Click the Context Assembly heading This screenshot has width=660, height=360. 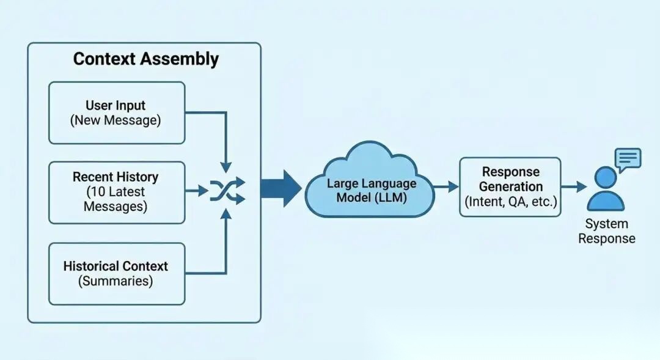[145, 59]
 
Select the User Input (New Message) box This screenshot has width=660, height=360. [117, 113]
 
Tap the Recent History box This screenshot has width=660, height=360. [117, 193]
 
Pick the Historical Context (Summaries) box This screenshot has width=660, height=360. [117, 274]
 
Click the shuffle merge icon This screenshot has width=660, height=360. [227, 191]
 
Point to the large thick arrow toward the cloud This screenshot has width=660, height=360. [280, 188]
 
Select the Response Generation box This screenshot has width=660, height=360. [510, 187]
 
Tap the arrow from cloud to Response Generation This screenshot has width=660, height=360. [446, 186]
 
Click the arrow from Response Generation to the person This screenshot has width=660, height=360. [574, 186]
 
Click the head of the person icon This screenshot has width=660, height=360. [606, 177]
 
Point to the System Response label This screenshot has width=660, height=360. [607, 231]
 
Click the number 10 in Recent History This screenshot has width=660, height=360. [98, 191]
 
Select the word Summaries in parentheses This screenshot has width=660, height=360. [116, 281]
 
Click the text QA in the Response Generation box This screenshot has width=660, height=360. [518, 201]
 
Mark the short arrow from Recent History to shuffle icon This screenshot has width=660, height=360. [197, 191]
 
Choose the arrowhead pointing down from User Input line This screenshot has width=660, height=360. [226, 167]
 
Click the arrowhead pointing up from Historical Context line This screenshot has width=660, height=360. [226, 215]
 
